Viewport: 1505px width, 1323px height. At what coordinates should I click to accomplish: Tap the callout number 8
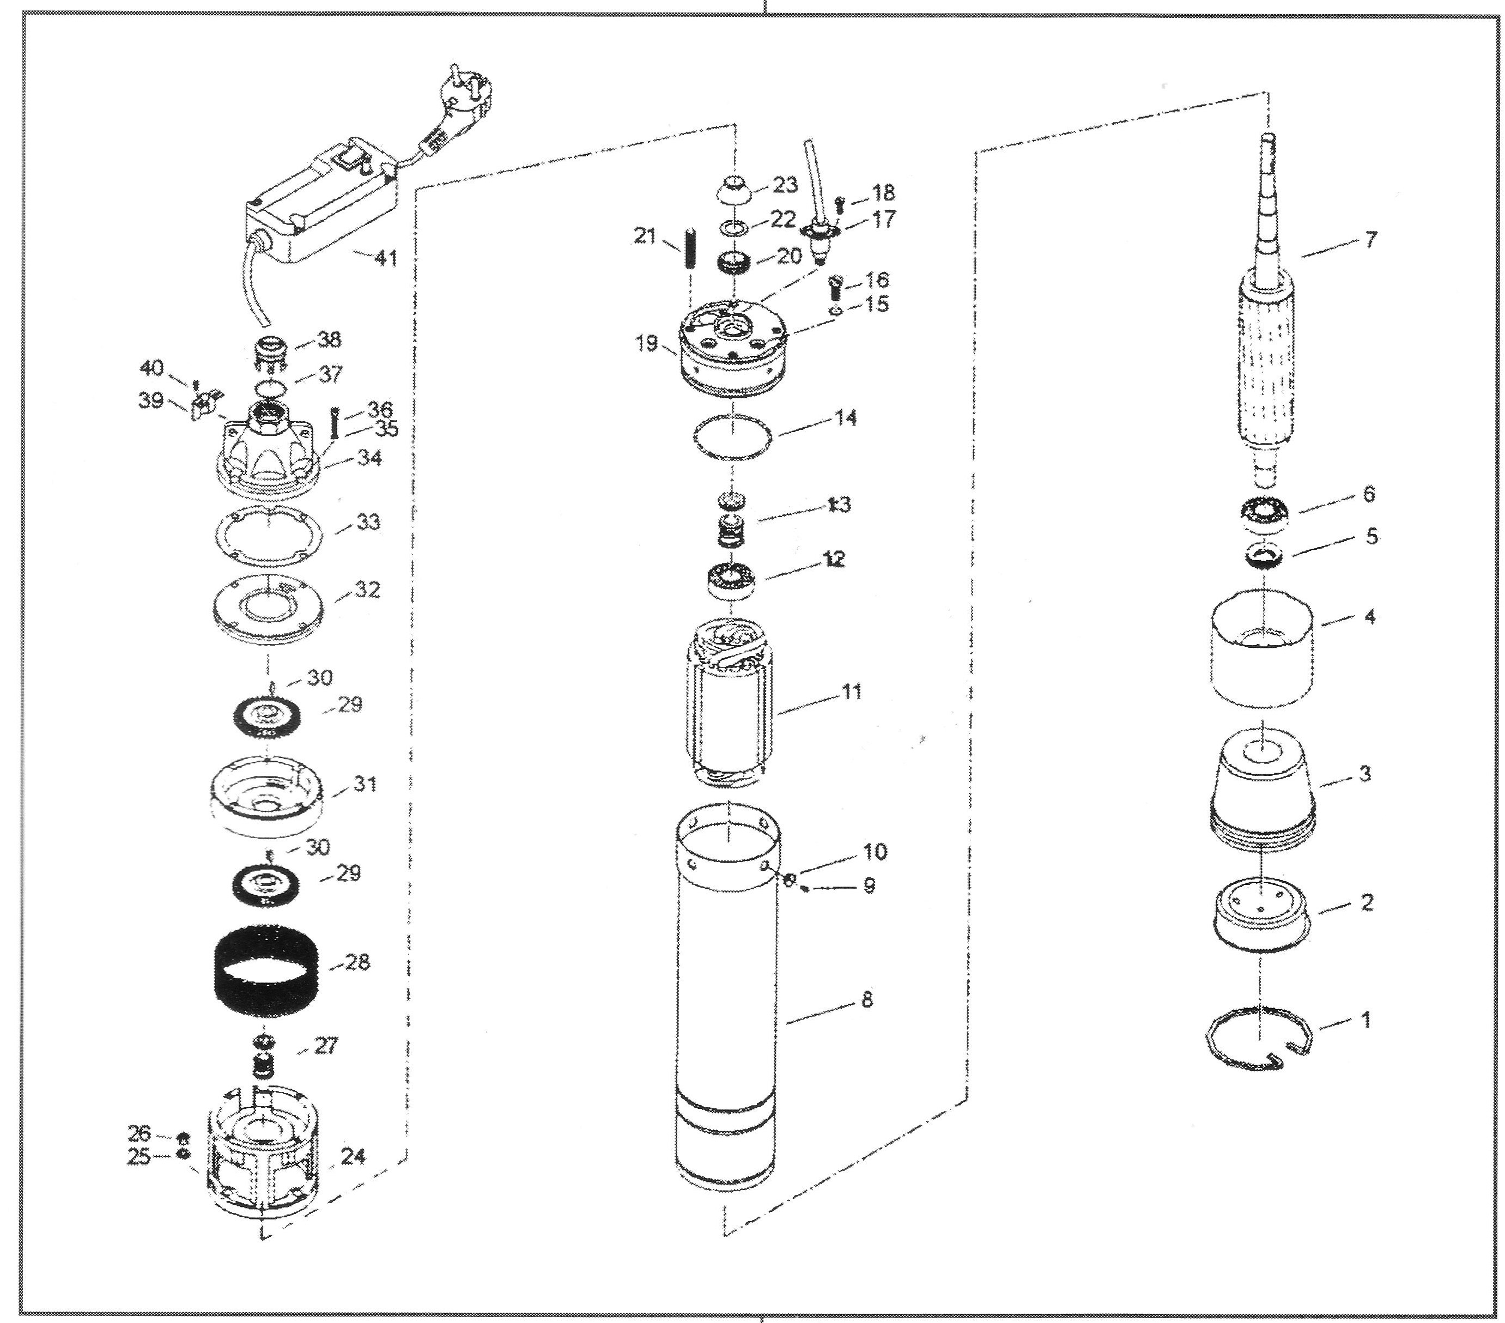866,1000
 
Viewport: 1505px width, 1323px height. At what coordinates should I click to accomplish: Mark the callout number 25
139,1157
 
